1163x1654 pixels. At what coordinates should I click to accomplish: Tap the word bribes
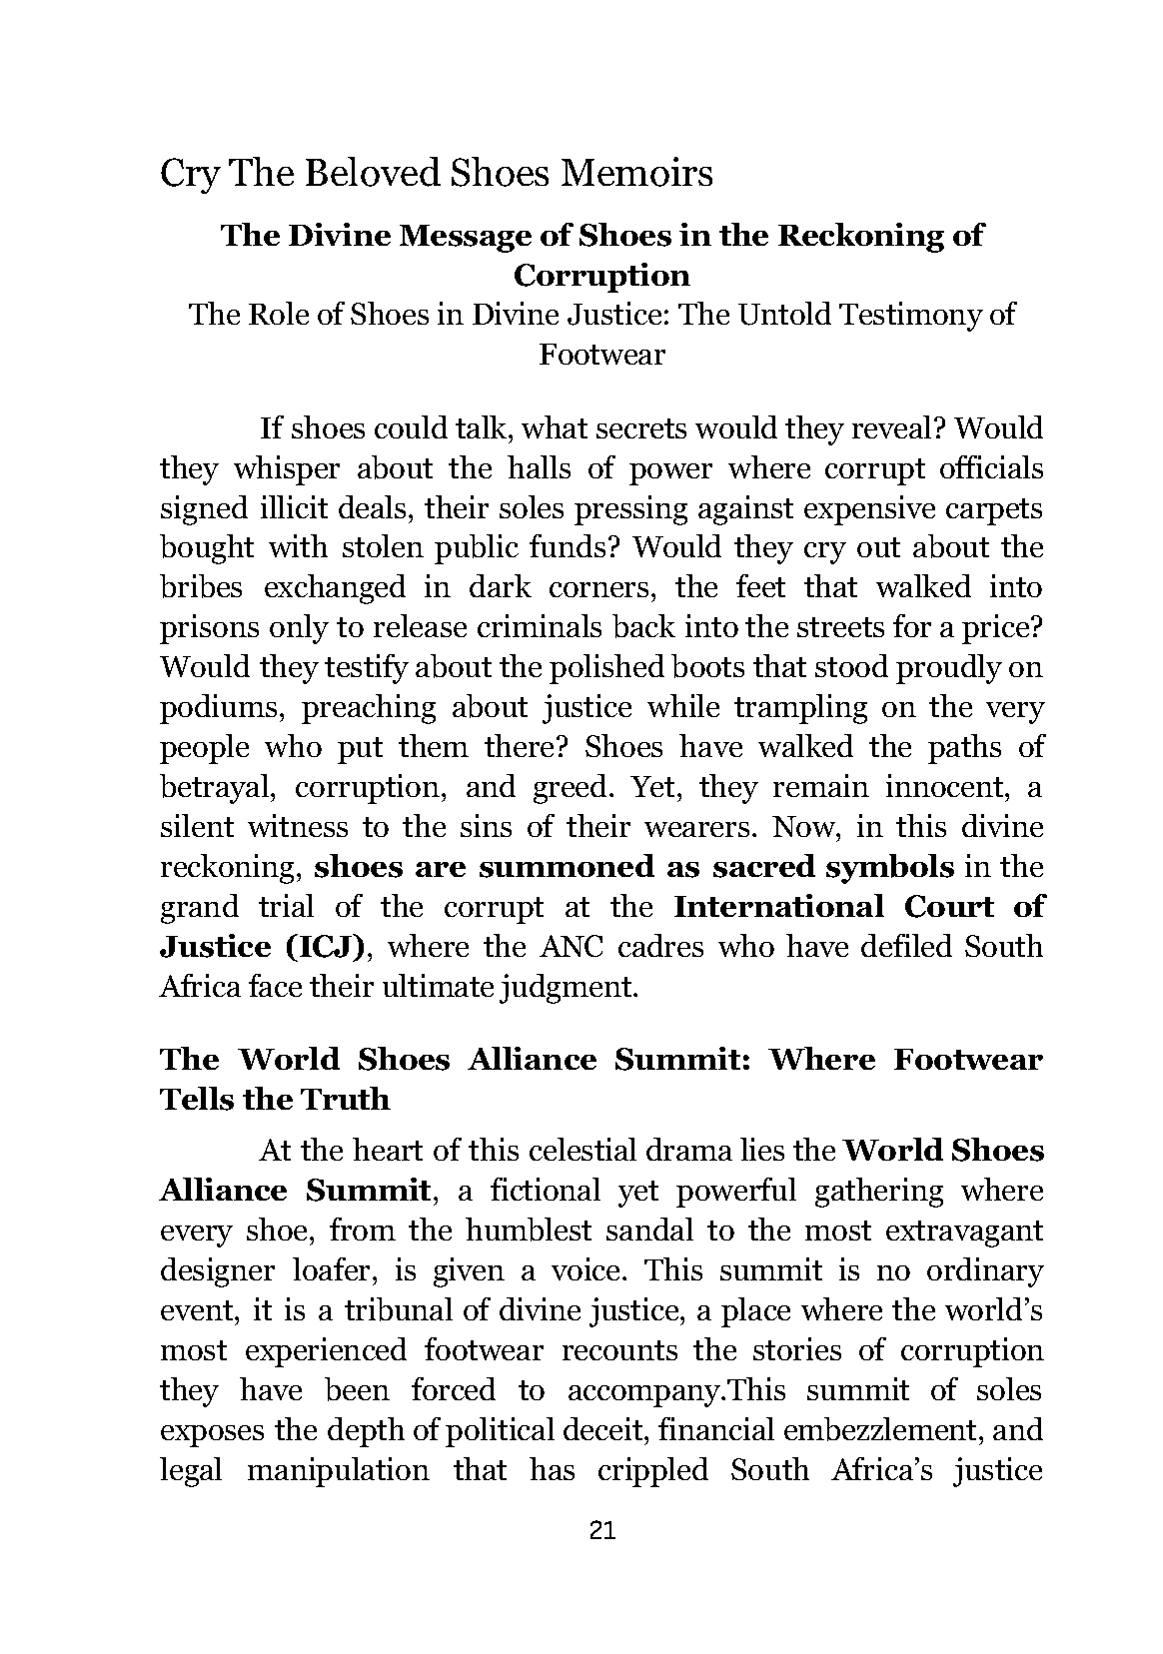click(x=201, y=588)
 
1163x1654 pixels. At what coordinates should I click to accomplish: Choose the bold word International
click(x=779, y=907)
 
